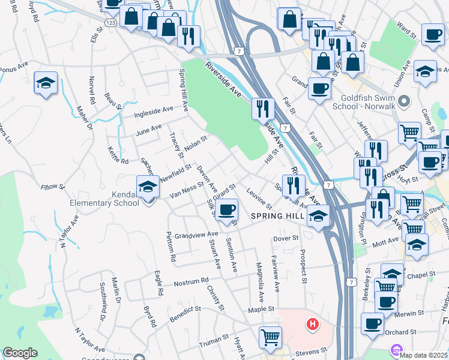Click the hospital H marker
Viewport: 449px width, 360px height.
coord(312,325)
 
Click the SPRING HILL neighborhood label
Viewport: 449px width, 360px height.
coord(278,216)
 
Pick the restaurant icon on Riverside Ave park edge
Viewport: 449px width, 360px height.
coord(263,109)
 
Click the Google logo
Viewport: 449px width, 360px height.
coord(20,353)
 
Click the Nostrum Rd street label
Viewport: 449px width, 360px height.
coord(191,281)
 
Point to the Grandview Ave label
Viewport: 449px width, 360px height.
coord(196,234)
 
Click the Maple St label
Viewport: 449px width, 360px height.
coord(261,309)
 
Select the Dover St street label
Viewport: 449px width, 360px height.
coord(286,238)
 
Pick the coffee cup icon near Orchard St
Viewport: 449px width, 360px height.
coord(372,324)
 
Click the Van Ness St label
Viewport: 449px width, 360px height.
coord(187,191)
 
